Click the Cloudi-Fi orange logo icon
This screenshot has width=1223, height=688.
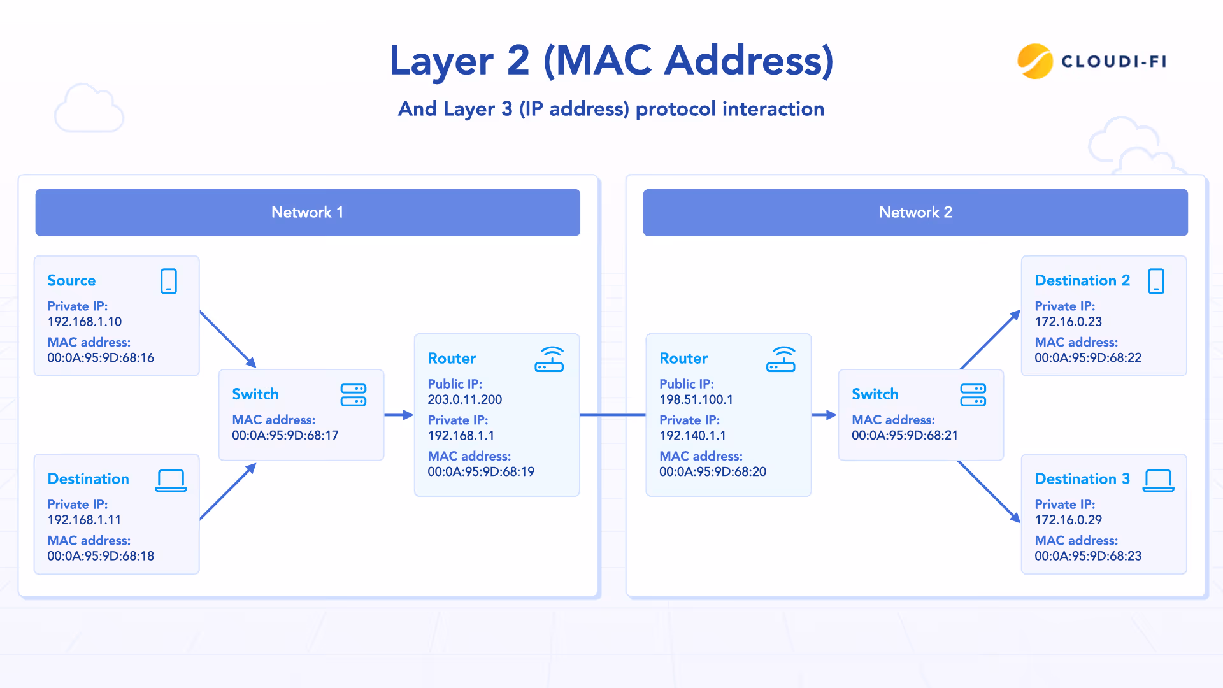click(x=1034, y=61)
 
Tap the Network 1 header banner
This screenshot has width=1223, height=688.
click(x=308, y=212)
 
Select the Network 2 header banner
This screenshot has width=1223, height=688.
click(x=915, y=212)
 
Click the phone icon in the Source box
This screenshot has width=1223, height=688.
click(x=169, y=281)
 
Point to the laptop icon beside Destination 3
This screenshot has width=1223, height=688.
click(x=1158, y=480)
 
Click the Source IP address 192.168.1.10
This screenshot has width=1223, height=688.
click(x=84, y=322)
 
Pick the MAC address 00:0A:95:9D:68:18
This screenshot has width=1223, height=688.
click(x=101, y=555)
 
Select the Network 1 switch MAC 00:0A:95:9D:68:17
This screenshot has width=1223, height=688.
click(x=285, y=435)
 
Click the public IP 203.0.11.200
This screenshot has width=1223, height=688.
click(x=464, y=399)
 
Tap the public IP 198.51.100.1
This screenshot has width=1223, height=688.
click(x=696, y=399)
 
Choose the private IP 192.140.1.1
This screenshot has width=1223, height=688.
click(x=692, y=436)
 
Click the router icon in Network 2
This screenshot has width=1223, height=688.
click(x=781, y=359)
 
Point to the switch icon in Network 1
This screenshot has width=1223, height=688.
click(x=354, y=395)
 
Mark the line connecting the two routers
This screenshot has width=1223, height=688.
click(x=613, y=415)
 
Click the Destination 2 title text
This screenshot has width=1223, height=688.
click(x=1082, y=280)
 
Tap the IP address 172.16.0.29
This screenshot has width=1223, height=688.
click(x=1068, y=520)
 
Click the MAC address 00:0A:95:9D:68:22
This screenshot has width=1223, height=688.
click(x=1088, y=357)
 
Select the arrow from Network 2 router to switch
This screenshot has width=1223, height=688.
click(x=824, y=415)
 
